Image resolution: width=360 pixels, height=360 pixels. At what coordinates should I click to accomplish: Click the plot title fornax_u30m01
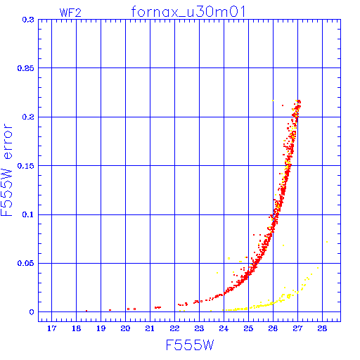click(x=188, y=12)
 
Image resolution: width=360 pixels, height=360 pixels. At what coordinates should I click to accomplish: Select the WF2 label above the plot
click(x=70, y=13)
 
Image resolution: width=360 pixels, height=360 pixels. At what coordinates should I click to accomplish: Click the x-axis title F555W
click(x=190, y=345)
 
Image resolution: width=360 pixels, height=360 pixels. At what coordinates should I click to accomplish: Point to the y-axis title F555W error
click(x=6, y=170)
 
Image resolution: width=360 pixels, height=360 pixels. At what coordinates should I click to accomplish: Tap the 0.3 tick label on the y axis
click(x=28, y=20)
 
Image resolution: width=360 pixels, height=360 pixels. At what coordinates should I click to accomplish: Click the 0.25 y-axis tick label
click(x=26, y=68)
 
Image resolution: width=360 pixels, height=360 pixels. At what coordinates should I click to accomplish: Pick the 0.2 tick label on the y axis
click(x=28, y=117)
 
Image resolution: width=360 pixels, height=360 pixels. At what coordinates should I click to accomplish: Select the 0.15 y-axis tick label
click(x=26, y=166)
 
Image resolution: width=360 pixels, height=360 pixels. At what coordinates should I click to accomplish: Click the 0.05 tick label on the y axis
click(x=26, y=263)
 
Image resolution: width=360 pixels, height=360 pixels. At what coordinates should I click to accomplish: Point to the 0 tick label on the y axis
click(x=32, y=312)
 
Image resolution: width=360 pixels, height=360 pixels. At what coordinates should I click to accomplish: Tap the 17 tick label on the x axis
click(x=51, y=328)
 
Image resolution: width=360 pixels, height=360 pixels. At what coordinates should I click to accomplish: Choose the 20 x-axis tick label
click(x=125, y=328)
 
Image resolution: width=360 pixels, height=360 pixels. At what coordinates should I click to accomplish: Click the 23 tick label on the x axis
click(x=199, y=328)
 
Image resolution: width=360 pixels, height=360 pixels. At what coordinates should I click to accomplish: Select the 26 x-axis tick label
click(x=273, y=328)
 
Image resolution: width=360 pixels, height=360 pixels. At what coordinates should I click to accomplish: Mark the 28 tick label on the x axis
click(x=322, y=328)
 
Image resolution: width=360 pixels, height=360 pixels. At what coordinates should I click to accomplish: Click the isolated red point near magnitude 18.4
click(x=86, y=311)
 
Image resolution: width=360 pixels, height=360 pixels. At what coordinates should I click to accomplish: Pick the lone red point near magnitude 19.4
click(x=110, y=310)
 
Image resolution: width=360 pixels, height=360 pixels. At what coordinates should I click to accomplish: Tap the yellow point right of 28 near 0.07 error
click(x=327, y=242)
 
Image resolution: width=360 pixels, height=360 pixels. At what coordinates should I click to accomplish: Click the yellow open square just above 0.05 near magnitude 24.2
click(x=229, y=258)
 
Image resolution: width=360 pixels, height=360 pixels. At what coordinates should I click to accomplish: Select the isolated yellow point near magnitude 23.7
click(x=217, y=273)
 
